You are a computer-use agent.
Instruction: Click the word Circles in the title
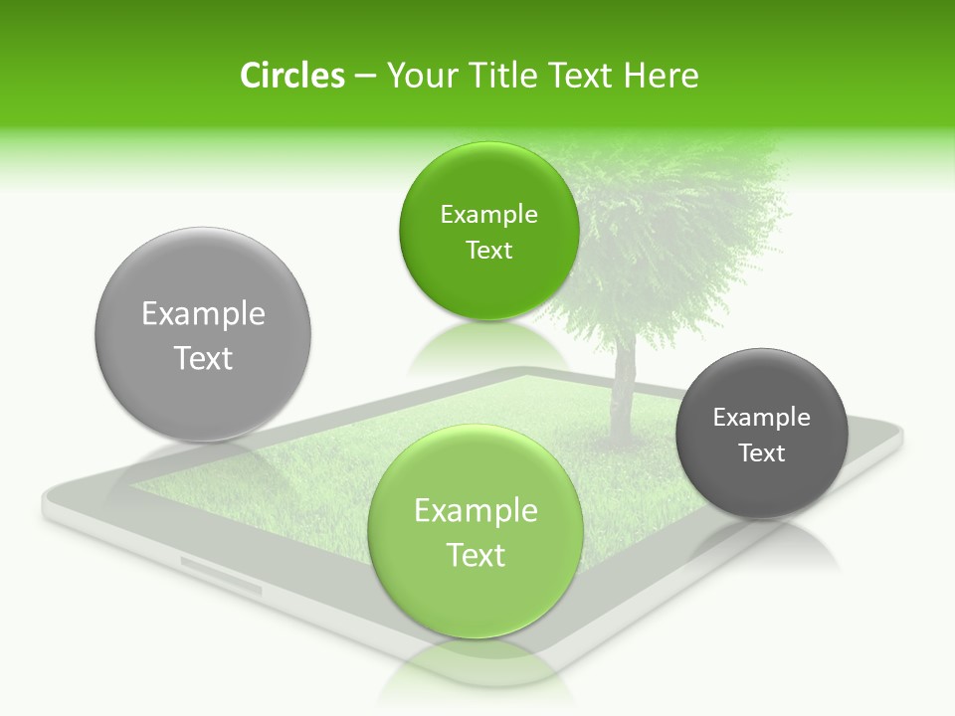point(291,76)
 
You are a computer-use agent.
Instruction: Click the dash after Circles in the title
point(364,77)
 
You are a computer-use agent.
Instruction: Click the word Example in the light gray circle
point(203,314)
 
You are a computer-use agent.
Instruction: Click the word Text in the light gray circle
point(203,358)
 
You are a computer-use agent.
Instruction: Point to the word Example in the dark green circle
point(488,215)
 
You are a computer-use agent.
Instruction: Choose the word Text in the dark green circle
point(488,251)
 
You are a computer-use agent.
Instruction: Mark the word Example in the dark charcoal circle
point(761,418)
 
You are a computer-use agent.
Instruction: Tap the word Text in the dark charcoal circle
point(761,453)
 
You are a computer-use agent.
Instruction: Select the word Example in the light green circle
point(476,511)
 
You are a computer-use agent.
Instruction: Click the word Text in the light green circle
point(476,555)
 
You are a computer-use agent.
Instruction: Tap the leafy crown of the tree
point(676,229)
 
